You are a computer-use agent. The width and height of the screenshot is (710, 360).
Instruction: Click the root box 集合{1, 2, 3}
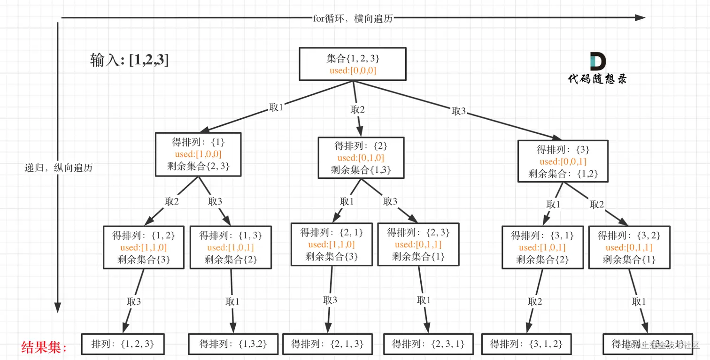tap(353, 63)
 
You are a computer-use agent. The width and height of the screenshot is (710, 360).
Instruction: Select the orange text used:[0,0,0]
tap(353, 71)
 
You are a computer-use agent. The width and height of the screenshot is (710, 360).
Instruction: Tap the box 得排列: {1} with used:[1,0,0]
tap(198, 154)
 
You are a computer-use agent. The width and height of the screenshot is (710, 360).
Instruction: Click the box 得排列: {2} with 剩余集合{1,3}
tap(361, 157)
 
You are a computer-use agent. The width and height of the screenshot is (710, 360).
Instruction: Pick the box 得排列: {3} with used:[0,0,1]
tap(563, 161)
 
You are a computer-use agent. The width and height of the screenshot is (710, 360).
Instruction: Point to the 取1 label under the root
tap(276, 107)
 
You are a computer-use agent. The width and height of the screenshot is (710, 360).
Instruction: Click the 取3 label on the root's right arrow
tap(459, 111)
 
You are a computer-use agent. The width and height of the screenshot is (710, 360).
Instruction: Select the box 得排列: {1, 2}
tap(143, 247)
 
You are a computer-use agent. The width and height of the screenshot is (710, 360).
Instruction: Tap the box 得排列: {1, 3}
tap(231, 247)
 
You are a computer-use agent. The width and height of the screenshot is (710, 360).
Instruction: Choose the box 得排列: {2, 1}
tap(332, 244)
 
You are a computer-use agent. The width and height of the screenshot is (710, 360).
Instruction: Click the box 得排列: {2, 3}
tap(418, 244)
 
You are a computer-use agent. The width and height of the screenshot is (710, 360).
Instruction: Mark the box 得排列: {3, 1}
tap(542, 247)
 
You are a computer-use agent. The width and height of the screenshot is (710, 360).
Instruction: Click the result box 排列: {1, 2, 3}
tap(123, 344)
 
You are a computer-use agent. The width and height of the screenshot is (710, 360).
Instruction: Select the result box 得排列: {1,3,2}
tap(233, 344)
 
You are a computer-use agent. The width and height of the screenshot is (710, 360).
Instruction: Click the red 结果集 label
tap(45, 347)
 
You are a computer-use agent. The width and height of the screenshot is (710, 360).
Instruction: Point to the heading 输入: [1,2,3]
tap(130, 60)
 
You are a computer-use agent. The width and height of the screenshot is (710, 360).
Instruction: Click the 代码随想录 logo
tap(597, 69)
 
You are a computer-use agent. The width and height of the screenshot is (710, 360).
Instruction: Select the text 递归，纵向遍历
tap(58, 168)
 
